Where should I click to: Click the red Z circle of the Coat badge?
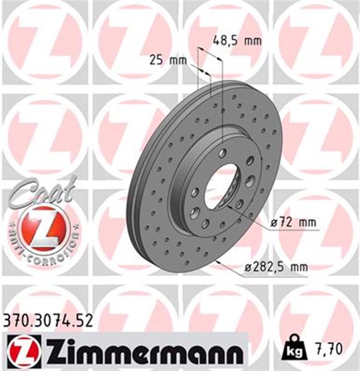(42, 228)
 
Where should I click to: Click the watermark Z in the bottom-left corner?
(43, 301)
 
